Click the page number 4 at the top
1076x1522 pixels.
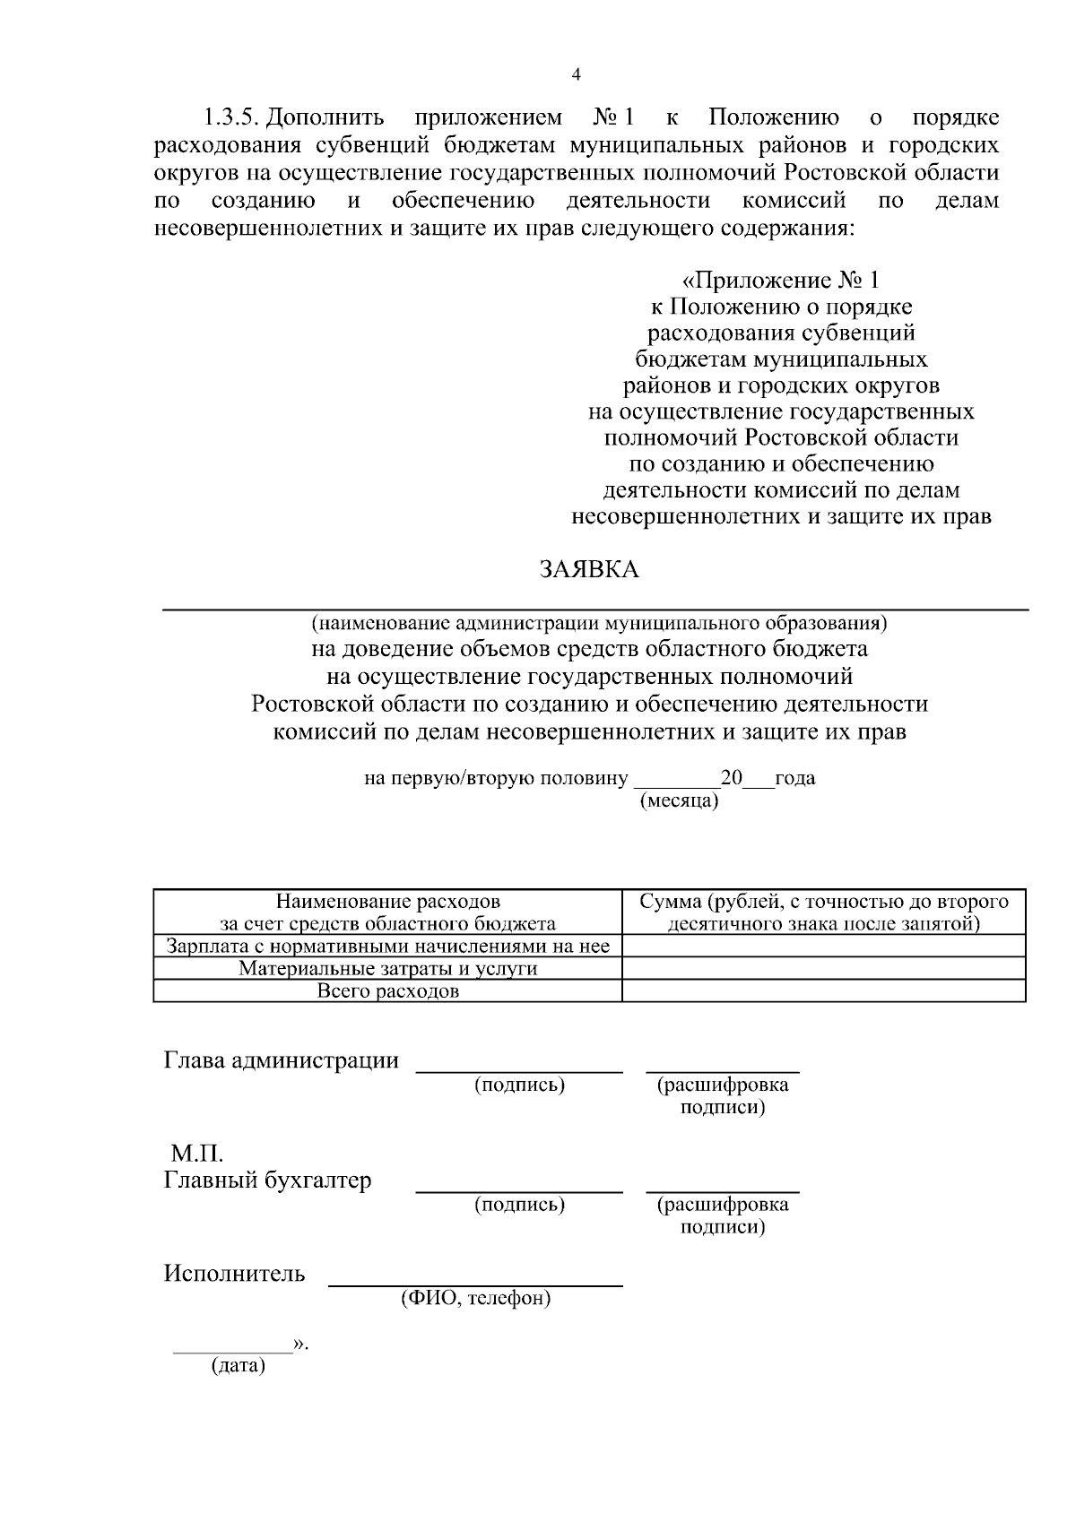(x=576, y=75)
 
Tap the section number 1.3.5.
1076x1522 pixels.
(x=231, y=117)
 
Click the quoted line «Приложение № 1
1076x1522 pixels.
(x=780, y=281)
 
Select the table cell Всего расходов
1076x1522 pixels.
(x=387, y=991)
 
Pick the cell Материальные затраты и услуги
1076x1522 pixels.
(x=387, y=968)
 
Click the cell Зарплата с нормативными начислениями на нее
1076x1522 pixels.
(x=387, y=946)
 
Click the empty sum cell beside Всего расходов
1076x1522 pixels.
(x=823, y=990)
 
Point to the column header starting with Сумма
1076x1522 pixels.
(x=823, y=912)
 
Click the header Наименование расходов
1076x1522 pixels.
(x=387, y=902)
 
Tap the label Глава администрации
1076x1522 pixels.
(x=281, y=1060)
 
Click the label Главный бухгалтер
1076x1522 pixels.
(x=267, y=1180)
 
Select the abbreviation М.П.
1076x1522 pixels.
(x=196, y=1153)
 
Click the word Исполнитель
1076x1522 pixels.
(x=234, y=1273)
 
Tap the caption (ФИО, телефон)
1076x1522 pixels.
(x=475, y=1297)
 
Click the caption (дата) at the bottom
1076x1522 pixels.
(x=238, y=1366)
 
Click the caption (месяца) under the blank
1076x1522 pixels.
(x=679, y=800)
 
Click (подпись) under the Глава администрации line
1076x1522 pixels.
(x=519, y=1085)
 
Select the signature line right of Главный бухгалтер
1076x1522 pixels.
(x=519, y=1191)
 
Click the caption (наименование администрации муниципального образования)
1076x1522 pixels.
(x=599, y=622)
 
